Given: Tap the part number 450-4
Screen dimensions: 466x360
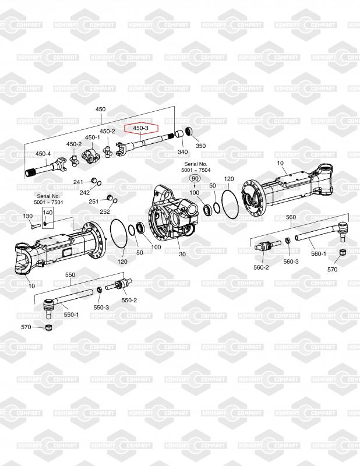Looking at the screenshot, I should [43, 154].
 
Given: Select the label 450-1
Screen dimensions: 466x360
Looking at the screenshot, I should [92, 138].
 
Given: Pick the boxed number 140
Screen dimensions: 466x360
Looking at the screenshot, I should [47, 213].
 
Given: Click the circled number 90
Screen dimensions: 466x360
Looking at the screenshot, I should [195, 178].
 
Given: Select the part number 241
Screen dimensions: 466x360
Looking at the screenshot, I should [79, 182].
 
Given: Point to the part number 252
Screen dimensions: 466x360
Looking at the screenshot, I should [105, 211].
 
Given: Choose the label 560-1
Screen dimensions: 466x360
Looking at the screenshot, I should [319, 253].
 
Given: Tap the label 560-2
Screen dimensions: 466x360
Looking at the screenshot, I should [260, 267].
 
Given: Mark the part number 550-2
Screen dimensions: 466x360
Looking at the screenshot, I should [129, 301].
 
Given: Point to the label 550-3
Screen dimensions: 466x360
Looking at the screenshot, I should [101, 307].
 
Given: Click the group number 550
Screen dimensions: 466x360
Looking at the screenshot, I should [70, 274].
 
